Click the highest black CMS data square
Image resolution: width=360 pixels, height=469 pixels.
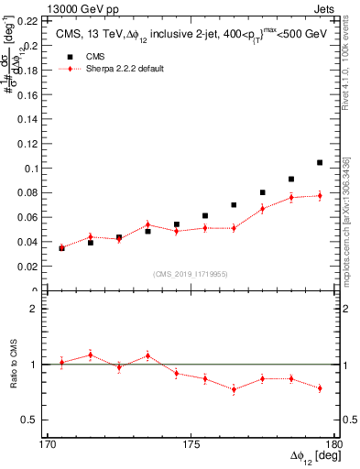coord(320,163)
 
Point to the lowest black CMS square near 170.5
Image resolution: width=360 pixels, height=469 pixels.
coord(61,248)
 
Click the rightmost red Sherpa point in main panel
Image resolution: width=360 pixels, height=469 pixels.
coord(320,195)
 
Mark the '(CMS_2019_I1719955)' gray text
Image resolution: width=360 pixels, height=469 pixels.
coord(191,273)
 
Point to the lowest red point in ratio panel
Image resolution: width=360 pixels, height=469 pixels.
coord(234,389)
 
